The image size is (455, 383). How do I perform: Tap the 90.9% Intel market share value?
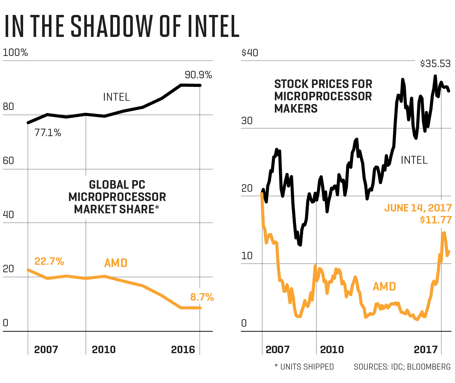click(x=198, y=75)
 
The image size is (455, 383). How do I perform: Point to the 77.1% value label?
click(x=48, y=132)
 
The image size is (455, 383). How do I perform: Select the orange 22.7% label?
click(x=49, y=261)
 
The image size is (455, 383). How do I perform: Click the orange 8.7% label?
click(x=202, y=297)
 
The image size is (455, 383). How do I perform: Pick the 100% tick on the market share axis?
click(x=15, y=53)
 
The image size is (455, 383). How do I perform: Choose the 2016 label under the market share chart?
click(x=183, y=349)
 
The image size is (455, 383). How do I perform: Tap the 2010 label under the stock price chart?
click(x=332, y=349)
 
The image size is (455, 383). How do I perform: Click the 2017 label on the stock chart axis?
click(x=426, y=349)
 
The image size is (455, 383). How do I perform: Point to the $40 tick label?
click(x=250, y=53)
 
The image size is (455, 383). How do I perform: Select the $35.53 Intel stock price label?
click(x=435, y=64)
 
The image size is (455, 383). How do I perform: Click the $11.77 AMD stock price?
click(x=436, y=220)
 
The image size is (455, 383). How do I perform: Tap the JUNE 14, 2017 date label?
click(x=418, y=208)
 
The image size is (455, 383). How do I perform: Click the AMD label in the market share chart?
click(x=116, y=263)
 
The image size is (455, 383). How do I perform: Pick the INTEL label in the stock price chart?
click(x=414, y=160)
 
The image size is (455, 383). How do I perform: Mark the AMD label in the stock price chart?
click(x=384, y=286)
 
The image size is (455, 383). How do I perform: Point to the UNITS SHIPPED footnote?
click(x=307, y=367)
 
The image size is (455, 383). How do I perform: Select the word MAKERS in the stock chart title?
click(x=296, y=109)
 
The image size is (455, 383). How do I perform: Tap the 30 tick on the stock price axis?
click(x=247, y=121)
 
